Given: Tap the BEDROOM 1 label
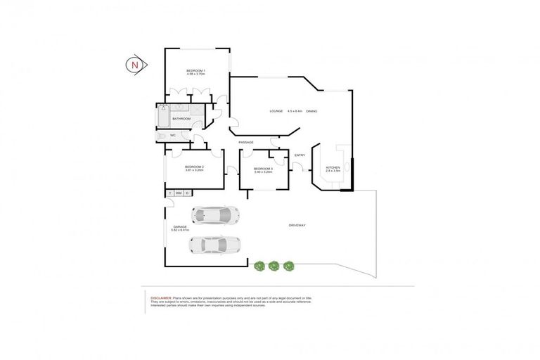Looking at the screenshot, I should pyautogui.click(x=196, y=70).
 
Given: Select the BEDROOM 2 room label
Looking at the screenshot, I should pyautogui.click(x=195, y=167).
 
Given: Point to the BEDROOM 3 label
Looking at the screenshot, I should pyautogui.click(x=263, y=169).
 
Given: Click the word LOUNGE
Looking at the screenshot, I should pyautogui.click(x=276, y=111).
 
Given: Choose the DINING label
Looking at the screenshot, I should pyautogui.click(x=311, y=111).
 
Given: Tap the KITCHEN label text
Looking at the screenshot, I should pyautogui.click(x=333, y=168).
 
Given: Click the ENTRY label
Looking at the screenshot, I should pyautogui.click(x=300, y=155).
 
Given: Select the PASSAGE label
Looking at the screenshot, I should pyautogui.click(x=246, y=143).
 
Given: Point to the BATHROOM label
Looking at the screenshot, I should pyautogui.click(x=181, y=119).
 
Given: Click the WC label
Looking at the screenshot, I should pyautogui.click(x=172, y=135).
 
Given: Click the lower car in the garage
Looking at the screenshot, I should pyautogui.click(x=214, y=245).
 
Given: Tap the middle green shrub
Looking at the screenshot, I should pyautogui.click(x=274, y=266).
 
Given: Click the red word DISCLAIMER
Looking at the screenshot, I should pyautogui.click(x=161, y=298).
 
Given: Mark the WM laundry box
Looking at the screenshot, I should pyautogui.click(x=179, y=193).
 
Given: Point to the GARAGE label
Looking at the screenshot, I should pyautogui.click(x=180, y=226).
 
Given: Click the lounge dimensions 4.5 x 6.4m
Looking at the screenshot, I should pyautogui.click(x=295, y=111).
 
